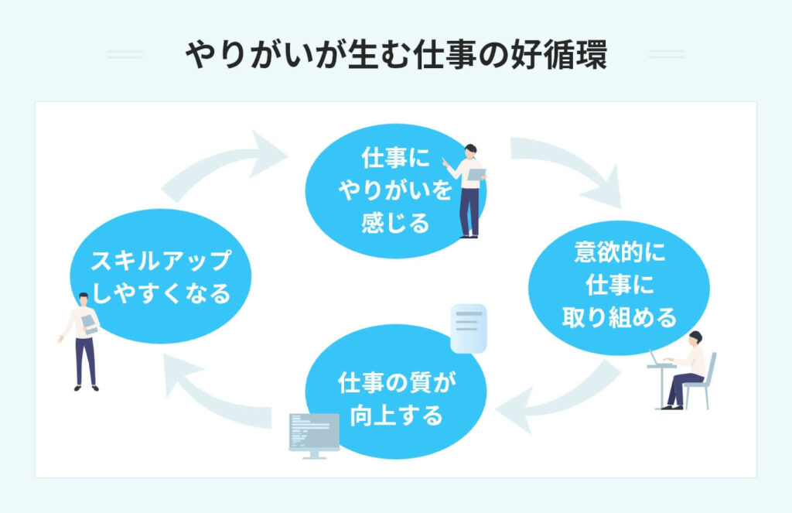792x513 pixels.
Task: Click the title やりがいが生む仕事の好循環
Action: tap(396, 56)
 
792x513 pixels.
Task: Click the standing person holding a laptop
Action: tap(468, 190)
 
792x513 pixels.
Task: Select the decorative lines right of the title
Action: tap(666, 55)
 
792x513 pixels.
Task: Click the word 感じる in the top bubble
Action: tap(395, 224)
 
